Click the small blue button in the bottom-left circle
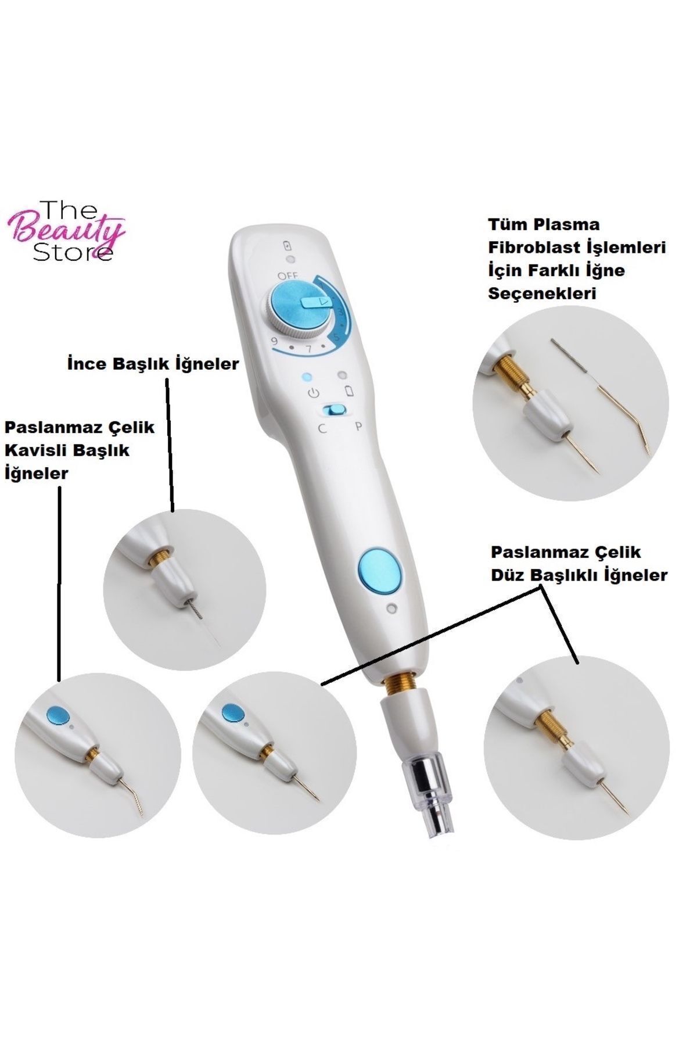pyautogui.click(x=56, y=714)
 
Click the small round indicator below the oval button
pyautogui.click(x=391, y=609)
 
